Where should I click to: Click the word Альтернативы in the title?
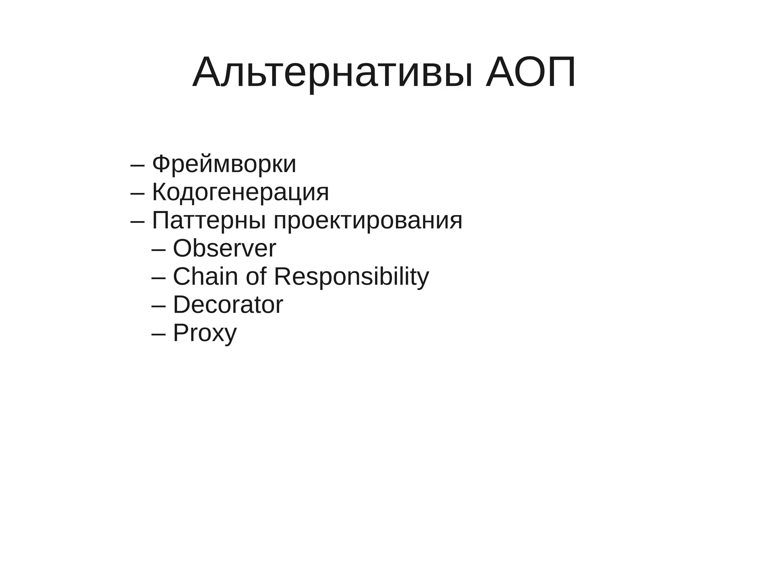(x=332, y=73)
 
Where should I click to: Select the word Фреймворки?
(x=224, y=164)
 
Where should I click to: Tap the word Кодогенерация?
(x=240, y=192)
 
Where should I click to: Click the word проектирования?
(x=368, y=221)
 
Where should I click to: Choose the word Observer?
(x=224, y=248)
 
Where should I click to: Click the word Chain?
(x=205, y=277)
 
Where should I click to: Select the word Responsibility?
(x=351, y=277)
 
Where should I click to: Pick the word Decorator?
(x=228, y=305)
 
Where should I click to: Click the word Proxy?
(x=205, y=333)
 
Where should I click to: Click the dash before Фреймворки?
(x=137, y=165)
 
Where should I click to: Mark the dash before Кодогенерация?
(x=137, y=194)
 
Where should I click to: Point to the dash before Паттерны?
(x=137, y=222)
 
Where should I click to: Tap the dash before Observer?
(x=158, y=250)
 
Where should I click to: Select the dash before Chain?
(x=158, y=278)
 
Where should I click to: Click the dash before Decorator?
(x=158, y=306)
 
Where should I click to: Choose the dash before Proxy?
(x=158, y=334)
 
